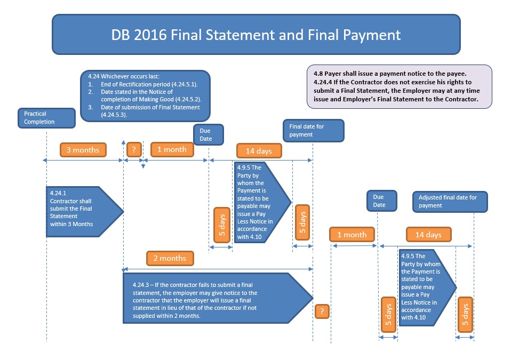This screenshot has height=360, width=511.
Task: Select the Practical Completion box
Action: pos(46,118)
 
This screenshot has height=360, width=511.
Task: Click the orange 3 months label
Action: pos(83,150)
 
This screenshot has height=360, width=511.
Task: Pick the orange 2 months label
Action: pos(170,259)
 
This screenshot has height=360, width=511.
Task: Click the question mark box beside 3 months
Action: pos(133,150)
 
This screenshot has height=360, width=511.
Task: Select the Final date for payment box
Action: pos(313,131)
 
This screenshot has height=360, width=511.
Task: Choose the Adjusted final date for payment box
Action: pos(451,201)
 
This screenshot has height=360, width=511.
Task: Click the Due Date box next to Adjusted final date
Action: pos(379,201)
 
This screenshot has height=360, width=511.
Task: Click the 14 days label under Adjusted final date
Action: pos(428,235)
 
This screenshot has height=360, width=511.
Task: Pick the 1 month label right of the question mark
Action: pos(171,150)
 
